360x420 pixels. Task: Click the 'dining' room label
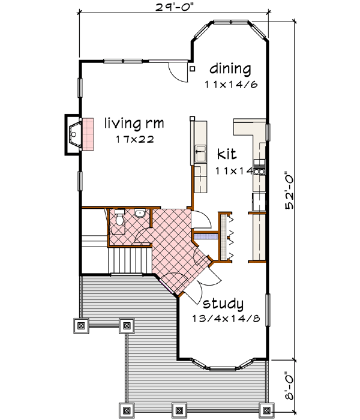[230, 68]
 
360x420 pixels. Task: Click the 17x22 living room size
[136, 139]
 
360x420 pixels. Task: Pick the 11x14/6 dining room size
[230, 85]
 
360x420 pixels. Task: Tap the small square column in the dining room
[192, 68]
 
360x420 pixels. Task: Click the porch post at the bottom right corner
[264, 410]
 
